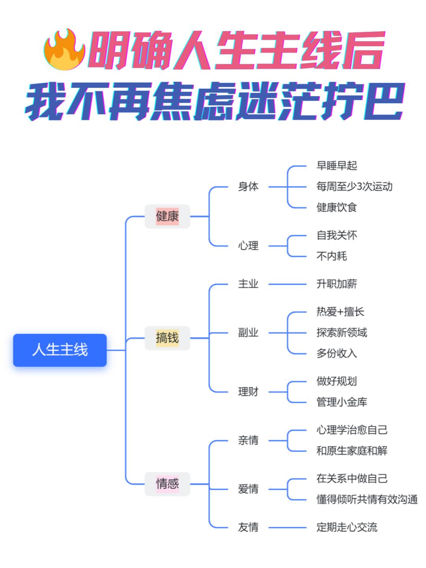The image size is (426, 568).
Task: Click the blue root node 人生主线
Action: pyautogui.click(x=60, y=350)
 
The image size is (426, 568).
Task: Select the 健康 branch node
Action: pyautogui.click(x=167, y=216)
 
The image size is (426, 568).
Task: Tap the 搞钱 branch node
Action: pyautogui.click(x=167, y=338)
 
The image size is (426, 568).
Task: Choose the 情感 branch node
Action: pyautogui.click(x=167, y=484)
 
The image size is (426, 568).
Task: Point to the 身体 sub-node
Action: pyautogui.click(x=248, y=187)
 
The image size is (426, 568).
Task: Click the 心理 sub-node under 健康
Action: pyautogui.click(x=248, y=246)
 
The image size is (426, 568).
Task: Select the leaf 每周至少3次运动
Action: pyautogui.click(x=354, y=187)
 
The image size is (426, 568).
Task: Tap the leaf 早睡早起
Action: pyautogui.click(x=336, y=166)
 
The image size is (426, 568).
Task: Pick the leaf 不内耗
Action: pyautogui.click(x=331, y=256)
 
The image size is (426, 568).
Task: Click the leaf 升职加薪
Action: pyautogui.click(x=336, y=284)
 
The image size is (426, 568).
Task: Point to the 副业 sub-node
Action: pyautogui.click(x=248, y=333)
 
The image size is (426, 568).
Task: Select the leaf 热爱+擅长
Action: pyautogui.click(x=340, y=312)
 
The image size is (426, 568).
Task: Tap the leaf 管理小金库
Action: pyautogui.click(x=342, y=402)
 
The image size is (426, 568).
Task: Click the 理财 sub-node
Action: pyautogui.click(x=248, y=392)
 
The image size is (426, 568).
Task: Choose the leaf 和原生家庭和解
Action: pyautogui.click(x=352, y=450)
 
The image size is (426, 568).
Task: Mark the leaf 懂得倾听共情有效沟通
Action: pyautogui.click(x=367, y=499)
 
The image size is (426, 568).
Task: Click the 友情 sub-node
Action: pyautogui.click(x=248, y=527)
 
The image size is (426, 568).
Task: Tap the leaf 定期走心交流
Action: pyautogui.click(x=347, y=527)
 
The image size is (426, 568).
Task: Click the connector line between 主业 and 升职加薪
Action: pyautogui.click(x=287, y=284)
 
